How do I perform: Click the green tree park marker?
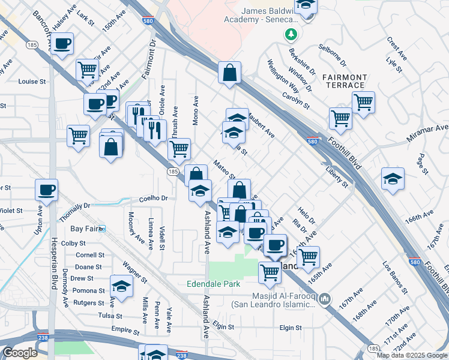coord(291,34)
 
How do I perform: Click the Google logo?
coord(20,353)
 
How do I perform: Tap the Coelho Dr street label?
coord(153,198)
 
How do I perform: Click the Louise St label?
coord(32,82)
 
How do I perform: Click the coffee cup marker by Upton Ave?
coord(46,190)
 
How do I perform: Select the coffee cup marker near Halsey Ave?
coord(62,43)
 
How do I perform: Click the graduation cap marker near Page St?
coord(393,178)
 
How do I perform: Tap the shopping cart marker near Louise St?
coord(88,70)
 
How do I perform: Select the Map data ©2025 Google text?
coord(411,355)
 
